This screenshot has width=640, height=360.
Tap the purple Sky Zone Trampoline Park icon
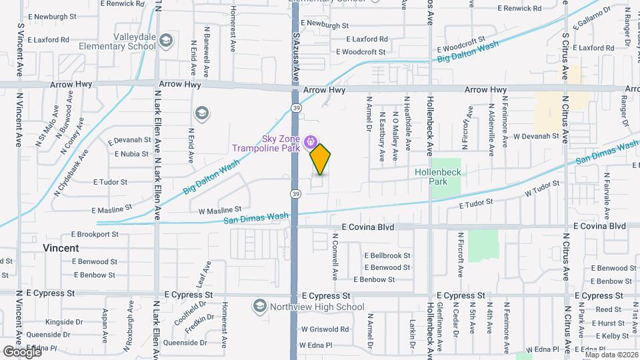[x=310, y=141]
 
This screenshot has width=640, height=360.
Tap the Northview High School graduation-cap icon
[x=259, y=307]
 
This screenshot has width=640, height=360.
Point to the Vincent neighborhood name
[x=61, y=248]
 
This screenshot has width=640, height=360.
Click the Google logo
[x=22, y=351]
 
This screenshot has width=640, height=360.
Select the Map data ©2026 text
[x=611, y=354]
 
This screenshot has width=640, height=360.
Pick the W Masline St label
[x=221, y=211]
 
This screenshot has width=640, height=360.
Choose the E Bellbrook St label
[x=387, y=255]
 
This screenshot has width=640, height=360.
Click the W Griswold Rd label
[x=325, y=329]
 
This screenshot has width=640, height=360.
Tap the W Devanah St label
[x=535, y=135]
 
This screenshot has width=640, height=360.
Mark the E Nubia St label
[x=131, y=154]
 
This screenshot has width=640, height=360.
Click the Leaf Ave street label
[x=203, y=274]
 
